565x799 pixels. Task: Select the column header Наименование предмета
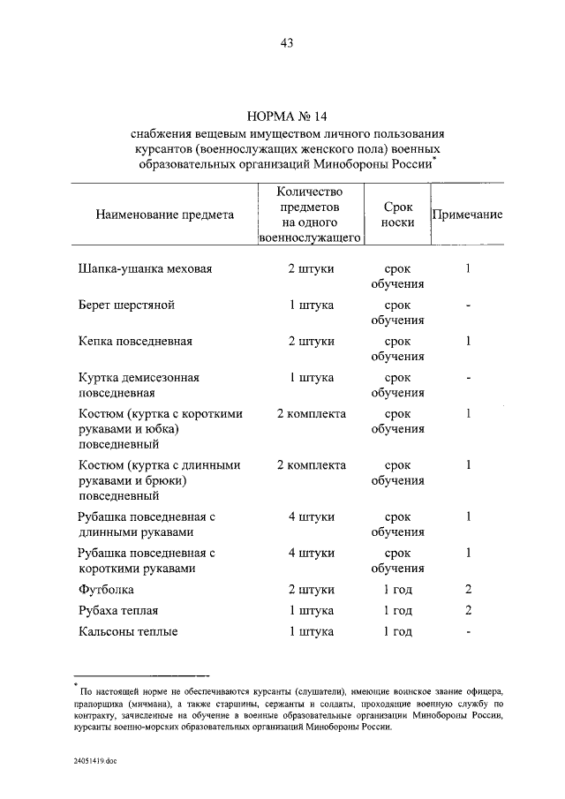point(165,214)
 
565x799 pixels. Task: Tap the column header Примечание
point(467,214)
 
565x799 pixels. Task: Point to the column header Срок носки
point(398,214)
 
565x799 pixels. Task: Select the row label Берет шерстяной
point(126,305)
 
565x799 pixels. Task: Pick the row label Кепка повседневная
point(135,341)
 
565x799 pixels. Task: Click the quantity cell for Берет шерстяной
point(311,305)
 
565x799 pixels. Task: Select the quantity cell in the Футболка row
point(311,589)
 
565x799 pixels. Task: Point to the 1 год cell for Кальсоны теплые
point(397,631)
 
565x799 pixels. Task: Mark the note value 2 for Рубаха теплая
point(469,610)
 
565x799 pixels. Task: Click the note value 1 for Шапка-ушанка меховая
point(469,268)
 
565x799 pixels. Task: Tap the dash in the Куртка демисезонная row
point(469,378)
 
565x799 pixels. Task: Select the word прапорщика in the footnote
point(102,704)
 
